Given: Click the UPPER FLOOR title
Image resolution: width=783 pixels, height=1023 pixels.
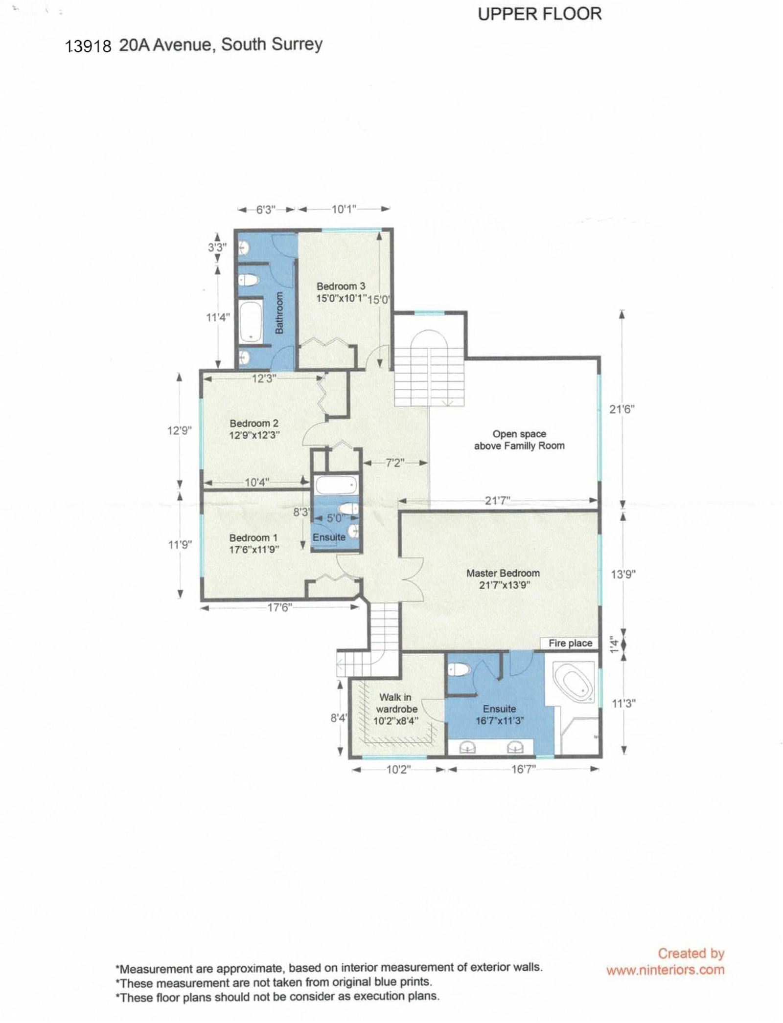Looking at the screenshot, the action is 540,14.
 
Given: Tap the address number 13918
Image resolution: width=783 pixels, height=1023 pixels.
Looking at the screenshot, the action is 89,46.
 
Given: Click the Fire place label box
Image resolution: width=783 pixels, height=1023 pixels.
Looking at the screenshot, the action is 570,643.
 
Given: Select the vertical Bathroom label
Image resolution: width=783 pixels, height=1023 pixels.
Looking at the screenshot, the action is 279,312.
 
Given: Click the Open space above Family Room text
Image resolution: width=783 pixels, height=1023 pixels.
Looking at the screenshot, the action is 519,440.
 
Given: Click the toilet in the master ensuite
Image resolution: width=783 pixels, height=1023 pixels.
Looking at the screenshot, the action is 459,669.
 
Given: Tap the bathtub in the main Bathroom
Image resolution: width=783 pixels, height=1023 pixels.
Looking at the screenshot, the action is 251,321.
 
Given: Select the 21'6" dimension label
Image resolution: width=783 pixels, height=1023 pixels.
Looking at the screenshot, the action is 622,409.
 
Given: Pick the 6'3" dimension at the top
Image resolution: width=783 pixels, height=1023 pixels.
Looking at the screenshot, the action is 266,209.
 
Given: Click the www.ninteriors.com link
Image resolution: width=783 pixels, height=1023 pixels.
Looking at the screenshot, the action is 666,970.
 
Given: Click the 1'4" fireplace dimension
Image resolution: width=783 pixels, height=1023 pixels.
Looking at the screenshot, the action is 615,644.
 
